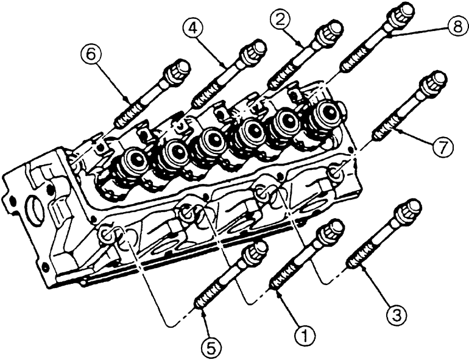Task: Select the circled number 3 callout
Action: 396,316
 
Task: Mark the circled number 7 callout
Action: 442,147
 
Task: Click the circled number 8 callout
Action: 457,27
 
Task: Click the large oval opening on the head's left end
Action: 35,210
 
